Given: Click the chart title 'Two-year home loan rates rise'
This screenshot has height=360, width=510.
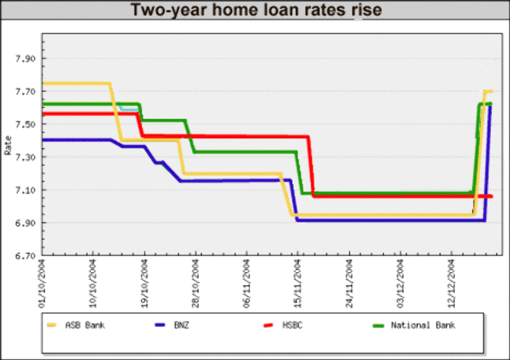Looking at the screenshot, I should pyautogui.click(x=256, y=10).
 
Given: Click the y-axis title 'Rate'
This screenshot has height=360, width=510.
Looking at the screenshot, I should pyautogui.click(x=8, y=145).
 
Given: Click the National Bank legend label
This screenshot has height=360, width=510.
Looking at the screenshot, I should pyautogui.click(x=423, y=325).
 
